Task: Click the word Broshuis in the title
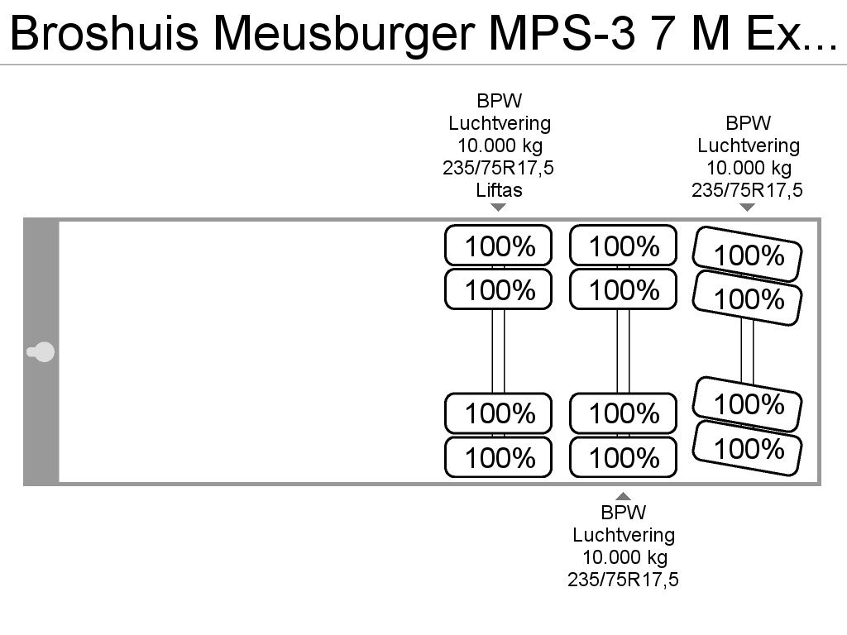pyautogui.click(x=104, y=33)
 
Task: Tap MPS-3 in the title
pyautogui.click(x=562, y=33)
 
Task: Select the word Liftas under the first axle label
pyautogui.click(x=499, y=190)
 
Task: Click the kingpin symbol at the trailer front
pyautogui.click(x=41, y=352)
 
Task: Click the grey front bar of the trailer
pyautogui.click(x=41, y=351)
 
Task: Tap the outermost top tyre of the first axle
pyautogui.click(x=498, y=245)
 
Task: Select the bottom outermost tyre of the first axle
pyautogui.click(x=498, y=456)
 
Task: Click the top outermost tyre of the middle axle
pyautogui.click(x=623, y=245)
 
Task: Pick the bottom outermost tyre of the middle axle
pyautogui.click(x=623, y=456)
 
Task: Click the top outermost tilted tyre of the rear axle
pyautogui.click(x=747, y=255)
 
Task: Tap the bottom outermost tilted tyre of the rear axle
pyautogui.click(x=747, y=448)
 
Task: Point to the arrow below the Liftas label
pyautogui.click(x=498, y=207)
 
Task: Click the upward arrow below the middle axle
pyautogui.click(x=623, y=496)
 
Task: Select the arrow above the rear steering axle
pyautogui.click(x=747, y=207)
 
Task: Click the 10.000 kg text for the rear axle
pyautogui.click(x=749, y=168)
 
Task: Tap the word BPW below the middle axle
pyautogui.click(x=624, y=512)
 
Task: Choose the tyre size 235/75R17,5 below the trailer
pyautogui.click(x=623, y=580)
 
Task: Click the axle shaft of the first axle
pyautogui.click(x=498, y=351)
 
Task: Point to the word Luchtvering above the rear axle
pyautogui.click(x=749, y=146)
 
